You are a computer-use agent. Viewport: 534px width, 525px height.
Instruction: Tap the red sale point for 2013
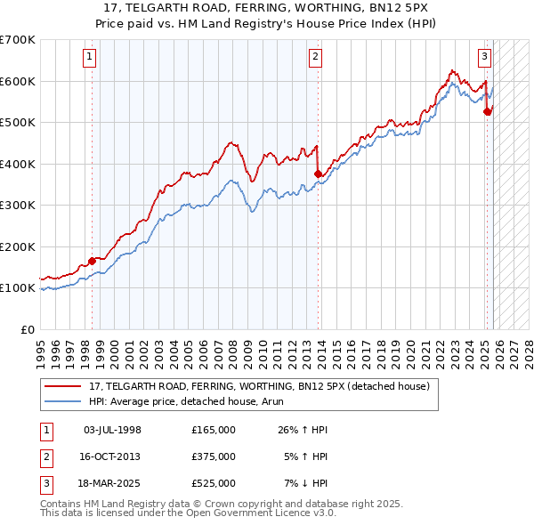(x=319, y=174)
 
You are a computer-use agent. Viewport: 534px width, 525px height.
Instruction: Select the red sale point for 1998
(x=93, y=261)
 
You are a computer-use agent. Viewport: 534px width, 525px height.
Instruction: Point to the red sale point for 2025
(x=488, y=111)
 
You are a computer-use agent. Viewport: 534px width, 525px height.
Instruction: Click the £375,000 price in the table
(x=213, y=456)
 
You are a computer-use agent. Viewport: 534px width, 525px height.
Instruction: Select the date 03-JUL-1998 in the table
(x=112, y=430)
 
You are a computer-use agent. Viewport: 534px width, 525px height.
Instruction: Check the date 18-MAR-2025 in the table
(x=112, y=483)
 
